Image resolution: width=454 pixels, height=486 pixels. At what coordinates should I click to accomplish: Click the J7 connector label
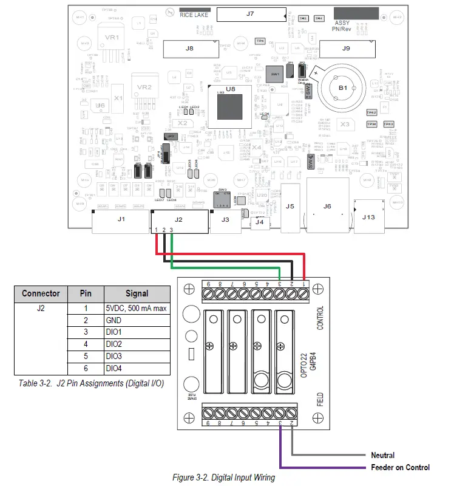[x=250, y=13]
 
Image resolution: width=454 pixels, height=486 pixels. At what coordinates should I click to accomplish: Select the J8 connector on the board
[x=189, y=48]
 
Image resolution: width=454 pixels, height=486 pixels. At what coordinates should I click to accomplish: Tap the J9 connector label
[x=346, y=48]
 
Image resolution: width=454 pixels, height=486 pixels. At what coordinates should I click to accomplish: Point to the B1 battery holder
[x=342, y=89]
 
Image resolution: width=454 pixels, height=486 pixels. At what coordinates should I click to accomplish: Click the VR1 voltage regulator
[x=112, y=38]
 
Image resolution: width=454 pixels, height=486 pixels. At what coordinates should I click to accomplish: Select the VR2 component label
[x=144, y=87]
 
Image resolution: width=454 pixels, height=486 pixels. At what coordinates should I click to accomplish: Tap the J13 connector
[x=369, y=216]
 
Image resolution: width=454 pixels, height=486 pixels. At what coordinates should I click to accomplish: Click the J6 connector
[x=327, y=207]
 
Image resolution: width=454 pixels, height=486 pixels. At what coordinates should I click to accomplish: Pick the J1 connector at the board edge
[x=120, y=219]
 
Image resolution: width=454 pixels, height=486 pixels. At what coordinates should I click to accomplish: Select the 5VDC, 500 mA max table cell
[x=137, y=308]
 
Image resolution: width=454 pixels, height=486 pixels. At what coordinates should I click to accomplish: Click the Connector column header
[x=41, y=293]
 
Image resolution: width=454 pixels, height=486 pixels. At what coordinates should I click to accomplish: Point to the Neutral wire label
[x=382, y=455]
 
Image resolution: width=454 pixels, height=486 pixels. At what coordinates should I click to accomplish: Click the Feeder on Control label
[x=400, y=467]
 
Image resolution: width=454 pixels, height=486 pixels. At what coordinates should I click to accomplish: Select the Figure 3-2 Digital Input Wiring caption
[x=223, y=477]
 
